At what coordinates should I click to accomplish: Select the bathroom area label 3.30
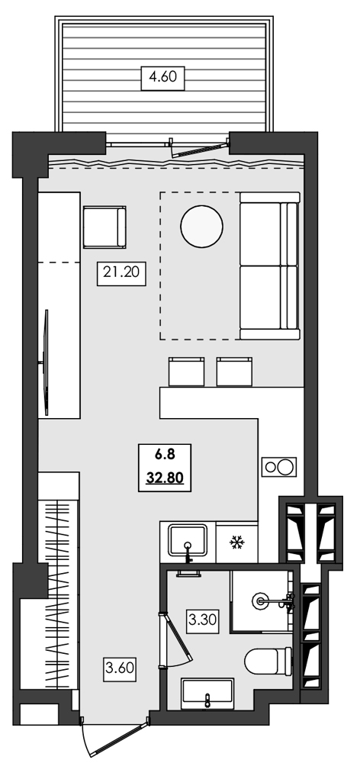point(201,620)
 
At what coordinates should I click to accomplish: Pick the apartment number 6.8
point(165,456)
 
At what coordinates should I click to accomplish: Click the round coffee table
point(201,227)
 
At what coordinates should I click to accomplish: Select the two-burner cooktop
point(277,466)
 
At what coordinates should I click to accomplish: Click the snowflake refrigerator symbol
point(236,543)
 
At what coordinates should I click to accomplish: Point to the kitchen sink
point(188,542)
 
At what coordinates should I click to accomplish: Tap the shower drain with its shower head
point(265,600)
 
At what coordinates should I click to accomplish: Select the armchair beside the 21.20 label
point(104,227)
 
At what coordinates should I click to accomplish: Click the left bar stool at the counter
point(185,372)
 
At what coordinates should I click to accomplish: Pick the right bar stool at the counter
point(234,372)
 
